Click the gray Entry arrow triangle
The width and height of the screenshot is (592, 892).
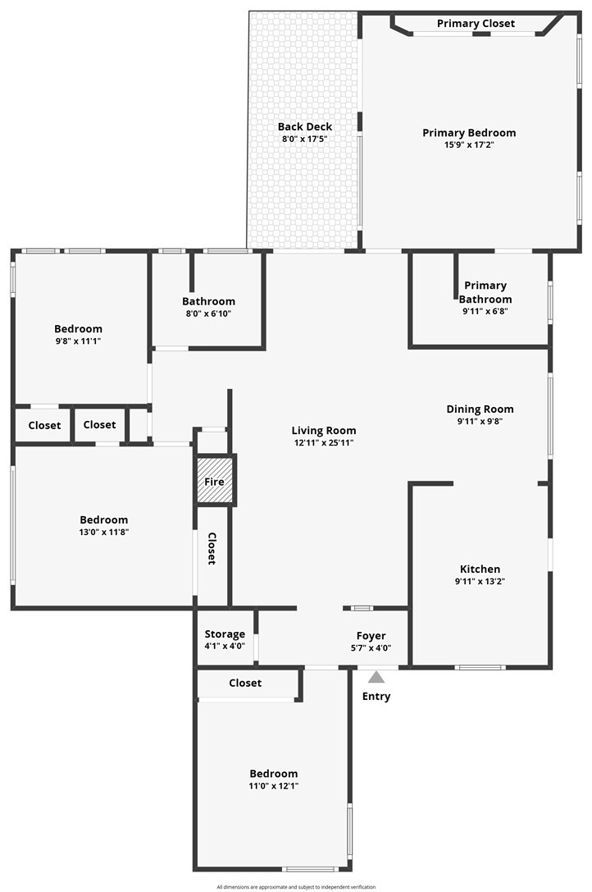(376, 677)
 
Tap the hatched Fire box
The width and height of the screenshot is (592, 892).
(214, 481)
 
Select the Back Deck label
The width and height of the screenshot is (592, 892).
(305, 126)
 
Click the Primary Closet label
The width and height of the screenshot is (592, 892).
(476, 23)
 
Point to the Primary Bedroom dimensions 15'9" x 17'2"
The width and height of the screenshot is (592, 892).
(469, 145)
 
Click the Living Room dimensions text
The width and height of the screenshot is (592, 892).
(324, 442)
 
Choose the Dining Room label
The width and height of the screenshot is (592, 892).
(480, 409)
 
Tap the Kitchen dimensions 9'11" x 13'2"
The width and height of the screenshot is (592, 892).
(480, 581)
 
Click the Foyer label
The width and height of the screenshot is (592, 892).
(371, 636)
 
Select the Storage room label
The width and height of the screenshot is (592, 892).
(225, 634)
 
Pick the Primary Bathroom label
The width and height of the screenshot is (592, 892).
(485, 292)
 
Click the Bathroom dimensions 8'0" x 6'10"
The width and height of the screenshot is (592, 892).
(209, 313)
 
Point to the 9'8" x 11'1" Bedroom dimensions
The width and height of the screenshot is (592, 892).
(79, 341)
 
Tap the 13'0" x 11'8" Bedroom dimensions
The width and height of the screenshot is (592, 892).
(104, 533)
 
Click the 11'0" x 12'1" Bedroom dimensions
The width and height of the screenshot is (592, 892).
(274, 786)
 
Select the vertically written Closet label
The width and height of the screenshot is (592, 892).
(212, 548)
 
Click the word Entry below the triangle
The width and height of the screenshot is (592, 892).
(376, 697)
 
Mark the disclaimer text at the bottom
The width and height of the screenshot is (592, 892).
(296, 887)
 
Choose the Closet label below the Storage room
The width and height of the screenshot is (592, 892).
(245, 683)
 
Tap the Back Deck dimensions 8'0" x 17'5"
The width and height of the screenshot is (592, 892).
(305, 139)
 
